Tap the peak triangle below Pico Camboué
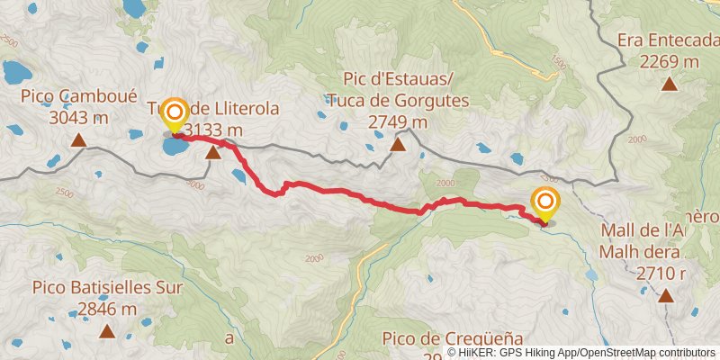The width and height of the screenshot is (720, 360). pos(79,140)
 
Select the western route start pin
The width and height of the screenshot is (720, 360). pos(173,114)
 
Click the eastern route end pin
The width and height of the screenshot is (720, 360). pos(545,203)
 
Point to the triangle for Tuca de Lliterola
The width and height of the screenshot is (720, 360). pos(213,153)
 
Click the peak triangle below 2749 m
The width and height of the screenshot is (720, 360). pos(398,143)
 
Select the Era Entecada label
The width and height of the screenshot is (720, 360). pos(669,40)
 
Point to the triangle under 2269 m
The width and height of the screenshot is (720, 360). pos(669,85)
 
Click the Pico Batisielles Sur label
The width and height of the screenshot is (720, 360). pos(107,288)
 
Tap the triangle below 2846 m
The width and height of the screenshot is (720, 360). pos(107,331)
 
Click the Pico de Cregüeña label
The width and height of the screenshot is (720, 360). pos(440,337)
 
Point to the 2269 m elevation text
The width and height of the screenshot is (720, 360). pos(669,62)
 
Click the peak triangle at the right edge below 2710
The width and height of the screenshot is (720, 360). pos(666,296)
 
